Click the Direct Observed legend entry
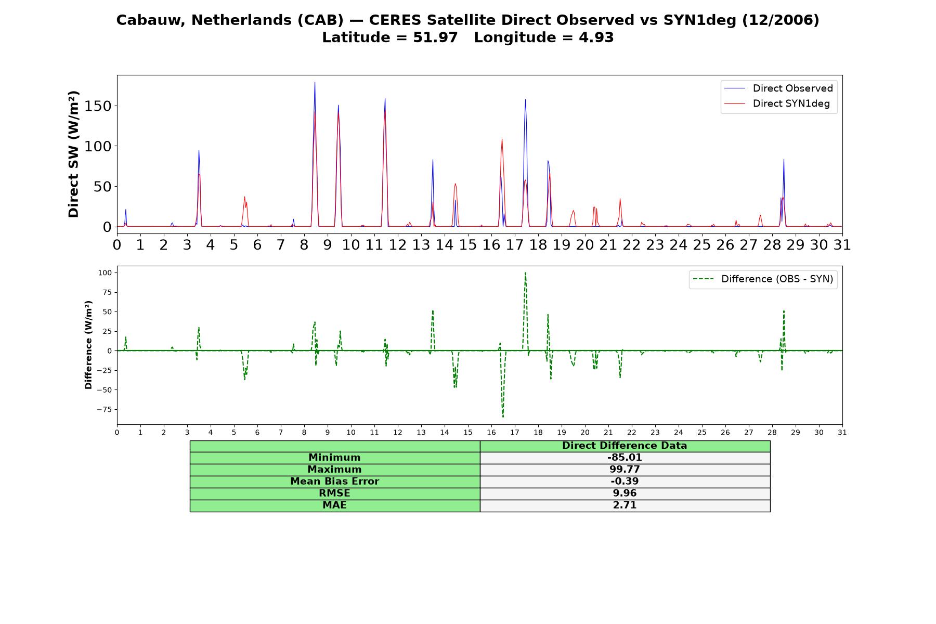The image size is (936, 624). (x=778, y=88)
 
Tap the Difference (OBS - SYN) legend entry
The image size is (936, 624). (x=763, y=279)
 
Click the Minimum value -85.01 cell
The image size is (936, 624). (x=625, y=458)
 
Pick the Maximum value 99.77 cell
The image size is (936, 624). (x=625, y=470)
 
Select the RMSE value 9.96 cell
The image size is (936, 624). (x=625, y=493)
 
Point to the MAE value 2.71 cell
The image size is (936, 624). (x=625, y=505)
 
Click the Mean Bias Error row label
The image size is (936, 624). (x=334, y=482)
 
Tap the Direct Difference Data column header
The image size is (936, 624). (x=625, y=446)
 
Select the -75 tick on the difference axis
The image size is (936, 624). (x=104, y=409)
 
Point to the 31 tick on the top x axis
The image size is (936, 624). (x=842, y=245)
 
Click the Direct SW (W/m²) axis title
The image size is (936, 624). (x=73, y=154)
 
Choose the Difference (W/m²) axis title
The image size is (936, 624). (x=88, y=345)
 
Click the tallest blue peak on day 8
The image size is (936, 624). (x=315, y=82)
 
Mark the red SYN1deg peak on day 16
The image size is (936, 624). (x=502, y=139)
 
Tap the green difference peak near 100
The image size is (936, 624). (x=525, y=272)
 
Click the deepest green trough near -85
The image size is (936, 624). (x=503, y=417)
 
